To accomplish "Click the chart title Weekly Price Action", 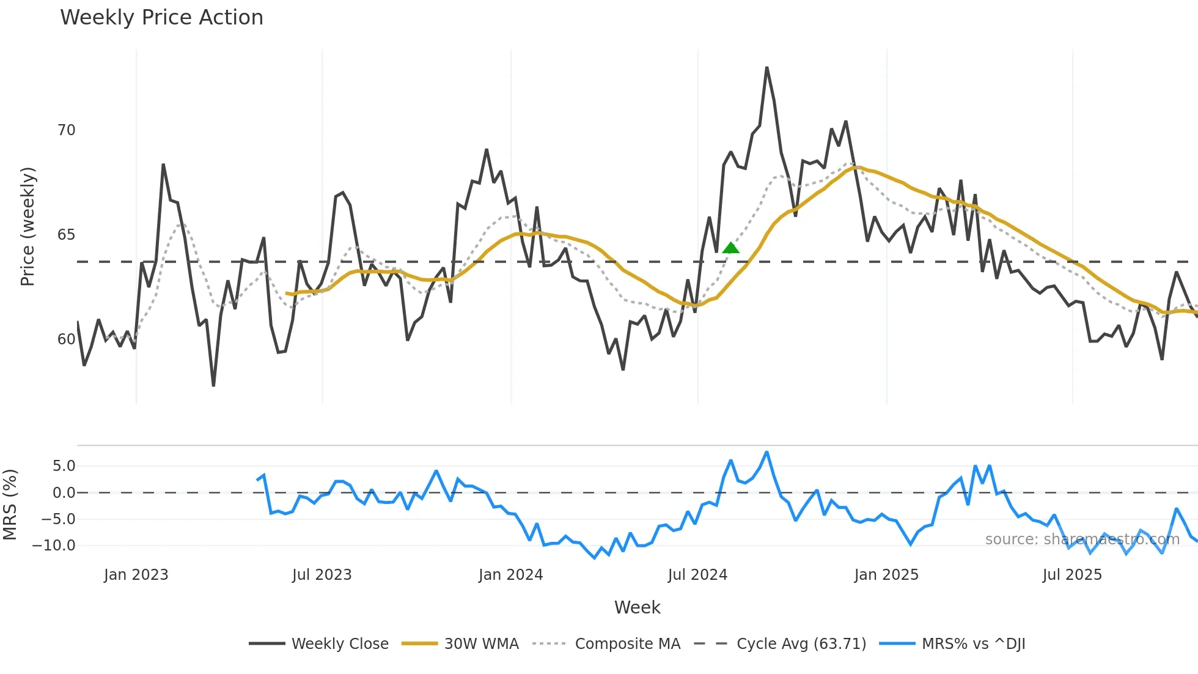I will (x=161, y=18).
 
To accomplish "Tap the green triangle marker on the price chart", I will (x=730, y=248).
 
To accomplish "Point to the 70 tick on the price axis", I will (x=66, y=130).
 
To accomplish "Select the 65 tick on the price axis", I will (x=66, y=235).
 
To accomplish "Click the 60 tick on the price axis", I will (x=66, y=339).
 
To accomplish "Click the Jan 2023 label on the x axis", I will (x=136, y=575).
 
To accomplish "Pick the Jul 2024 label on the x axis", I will (x=697, y=575).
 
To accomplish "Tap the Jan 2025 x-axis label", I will (x=886, y=575).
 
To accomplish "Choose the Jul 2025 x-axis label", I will (x=1072, y=575).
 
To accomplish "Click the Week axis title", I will (x=637, y=607).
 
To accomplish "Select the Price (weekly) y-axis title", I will (x=28, y=226).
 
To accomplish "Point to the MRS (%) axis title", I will (x=10, y=505).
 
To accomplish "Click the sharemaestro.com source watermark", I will (x=1082, y=539).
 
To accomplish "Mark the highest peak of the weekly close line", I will (x=766, y=68).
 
